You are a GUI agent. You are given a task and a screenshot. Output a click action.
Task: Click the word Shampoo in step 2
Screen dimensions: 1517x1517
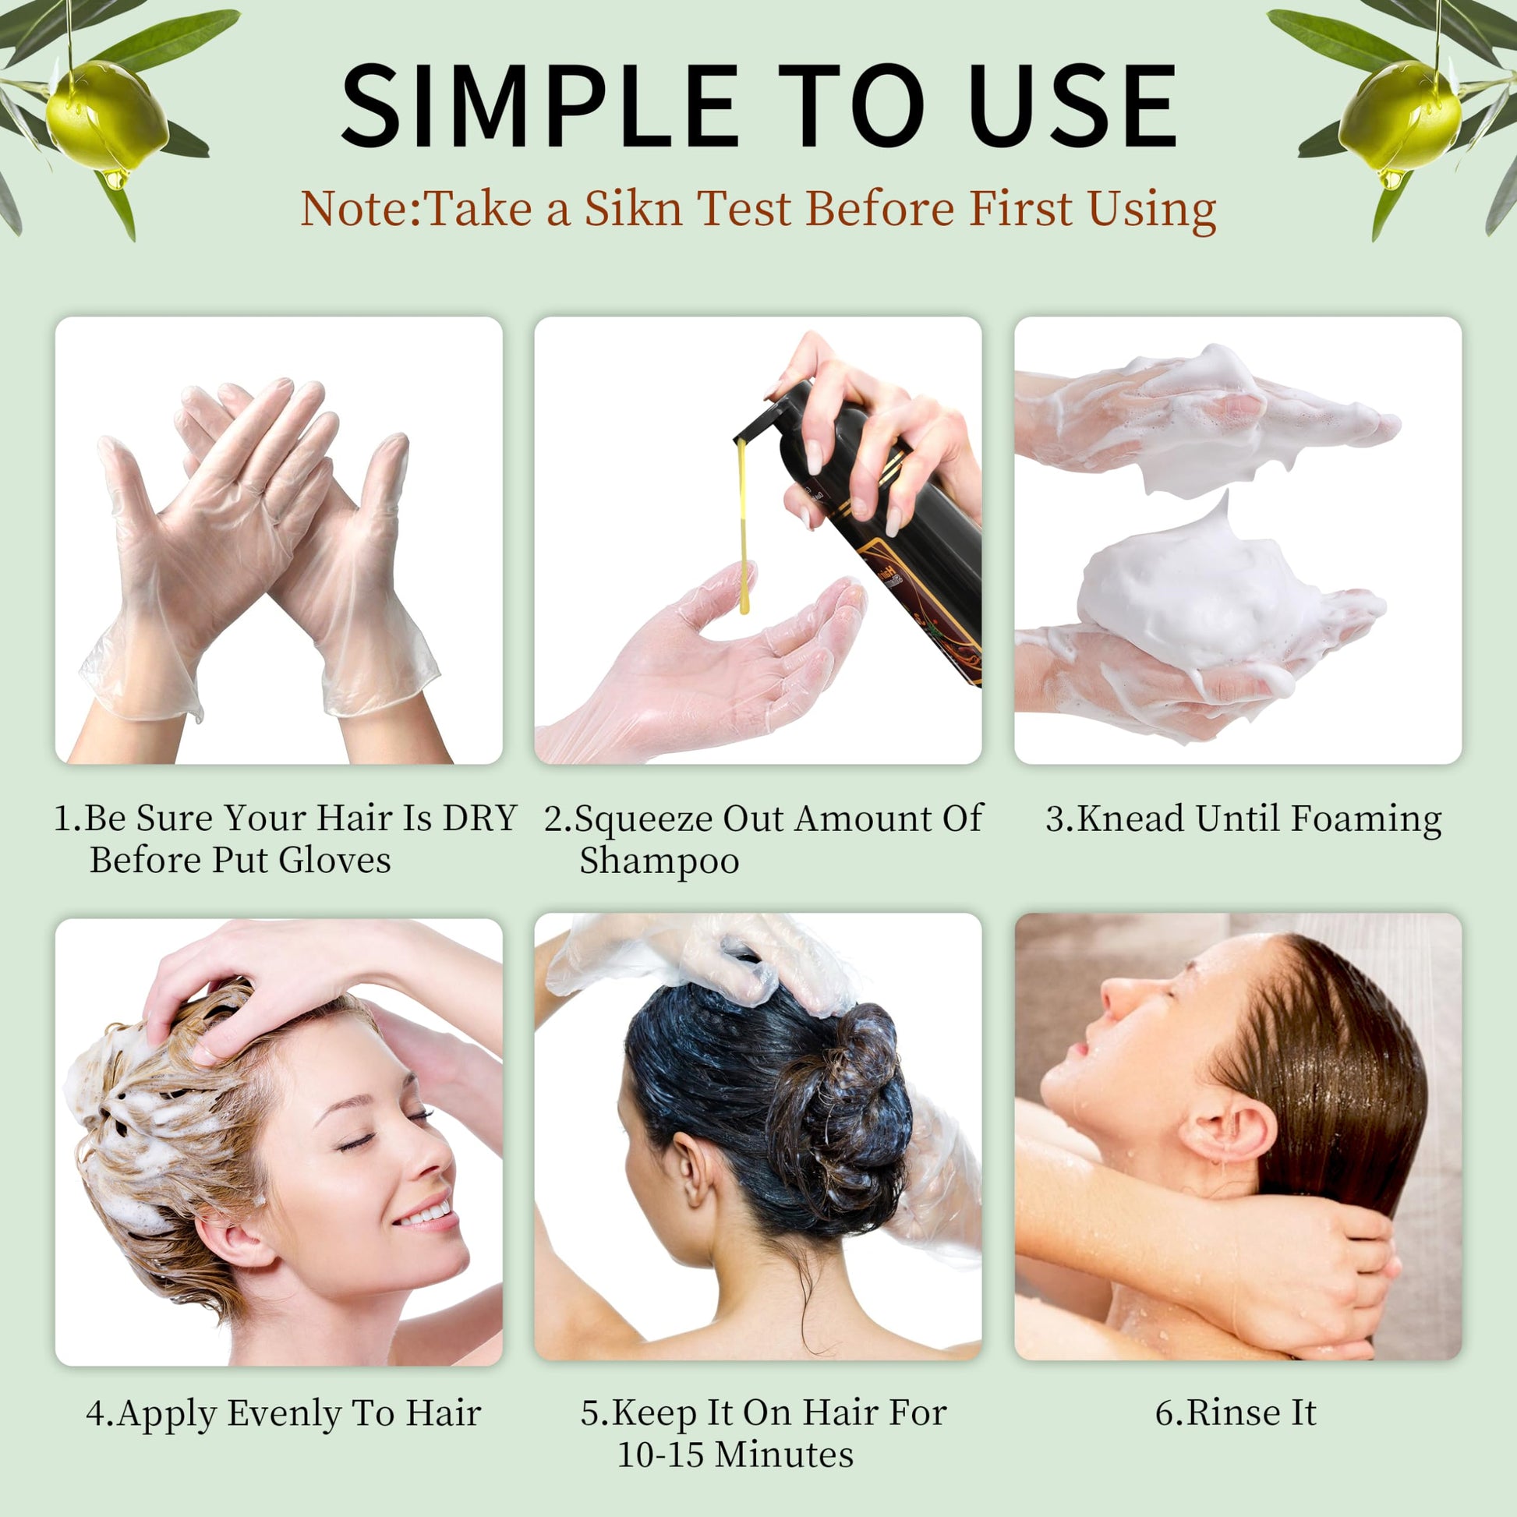click(659, 861)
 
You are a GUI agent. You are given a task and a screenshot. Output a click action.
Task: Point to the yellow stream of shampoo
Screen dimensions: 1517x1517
click(742, 526)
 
